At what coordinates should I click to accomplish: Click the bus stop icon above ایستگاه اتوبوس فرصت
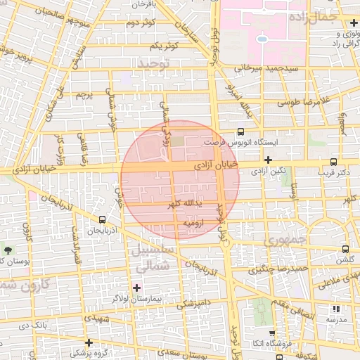pos(241,131)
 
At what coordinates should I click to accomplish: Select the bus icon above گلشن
pos(345,249)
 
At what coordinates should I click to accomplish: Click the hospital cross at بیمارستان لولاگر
pos(136,287)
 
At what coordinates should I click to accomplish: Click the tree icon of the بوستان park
pos(7,250)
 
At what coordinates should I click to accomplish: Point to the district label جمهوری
pos(285,241)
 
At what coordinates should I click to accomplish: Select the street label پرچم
pos(84,94)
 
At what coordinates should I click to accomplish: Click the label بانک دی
pos(33,326)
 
